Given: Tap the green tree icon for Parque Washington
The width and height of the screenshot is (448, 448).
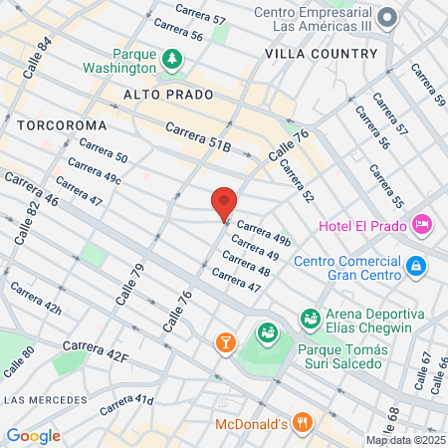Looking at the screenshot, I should pos(173,60).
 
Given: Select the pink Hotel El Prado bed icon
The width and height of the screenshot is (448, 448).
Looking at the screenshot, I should pos(422,225).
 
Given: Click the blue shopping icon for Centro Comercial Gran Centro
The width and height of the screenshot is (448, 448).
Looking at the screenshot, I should pos(415,266).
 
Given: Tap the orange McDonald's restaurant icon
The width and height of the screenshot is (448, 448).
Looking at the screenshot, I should pos(303,423).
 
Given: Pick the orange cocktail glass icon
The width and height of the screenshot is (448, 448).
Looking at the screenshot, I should pos(225,342).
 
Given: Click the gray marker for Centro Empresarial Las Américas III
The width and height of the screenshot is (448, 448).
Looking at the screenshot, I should pos(390,17).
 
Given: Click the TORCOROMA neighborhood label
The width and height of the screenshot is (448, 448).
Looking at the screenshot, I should pos(56,125).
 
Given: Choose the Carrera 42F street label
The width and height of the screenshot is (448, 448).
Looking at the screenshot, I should pos(96,350).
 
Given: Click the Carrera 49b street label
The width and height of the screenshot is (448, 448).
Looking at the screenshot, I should pos(264,232).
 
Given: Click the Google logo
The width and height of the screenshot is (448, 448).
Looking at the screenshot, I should pos(33,435).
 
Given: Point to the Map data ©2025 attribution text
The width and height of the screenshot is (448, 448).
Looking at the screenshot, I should pos(404,440).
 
